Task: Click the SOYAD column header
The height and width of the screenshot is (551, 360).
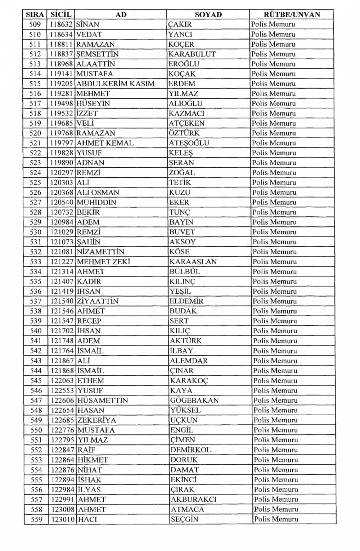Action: click(x=208, y=15)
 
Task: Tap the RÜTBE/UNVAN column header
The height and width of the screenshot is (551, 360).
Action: click(x=292, y=15)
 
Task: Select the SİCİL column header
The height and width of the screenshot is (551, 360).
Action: click(x=61, y=15)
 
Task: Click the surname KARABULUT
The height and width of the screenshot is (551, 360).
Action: click(x=192, y=54)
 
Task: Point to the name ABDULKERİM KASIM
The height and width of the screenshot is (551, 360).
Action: click(x=115, y=84)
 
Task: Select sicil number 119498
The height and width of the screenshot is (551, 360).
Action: click(x=62, y=104)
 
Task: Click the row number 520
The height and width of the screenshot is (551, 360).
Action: click(x=35, y=133)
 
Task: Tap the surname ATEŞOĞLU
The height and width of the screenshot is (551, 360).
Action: click(x=189, y=143)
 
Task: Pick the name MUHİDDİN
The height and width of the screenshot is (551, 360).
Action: click(x=96, y=203)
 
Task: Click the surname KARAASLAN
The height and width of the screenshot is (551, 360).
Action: click(x=193, y=262)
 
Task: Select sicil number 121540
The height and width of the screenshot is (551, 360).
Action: click(x=62, y=302)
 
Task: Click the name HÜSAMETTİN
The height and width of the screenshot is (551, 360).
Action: click(x=103, y=401)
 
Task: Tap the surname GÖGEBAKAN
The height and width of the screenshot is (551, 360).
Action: click(x=194, y=401)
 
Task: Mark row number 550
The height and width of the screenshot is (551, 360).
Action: click(x=36, y=430)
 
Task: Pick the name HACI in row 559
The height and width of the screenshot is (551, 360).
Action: click(x=87, y=520)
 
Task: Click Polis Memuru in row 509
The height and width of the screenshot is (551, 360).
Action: click(x=273, y=25)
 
